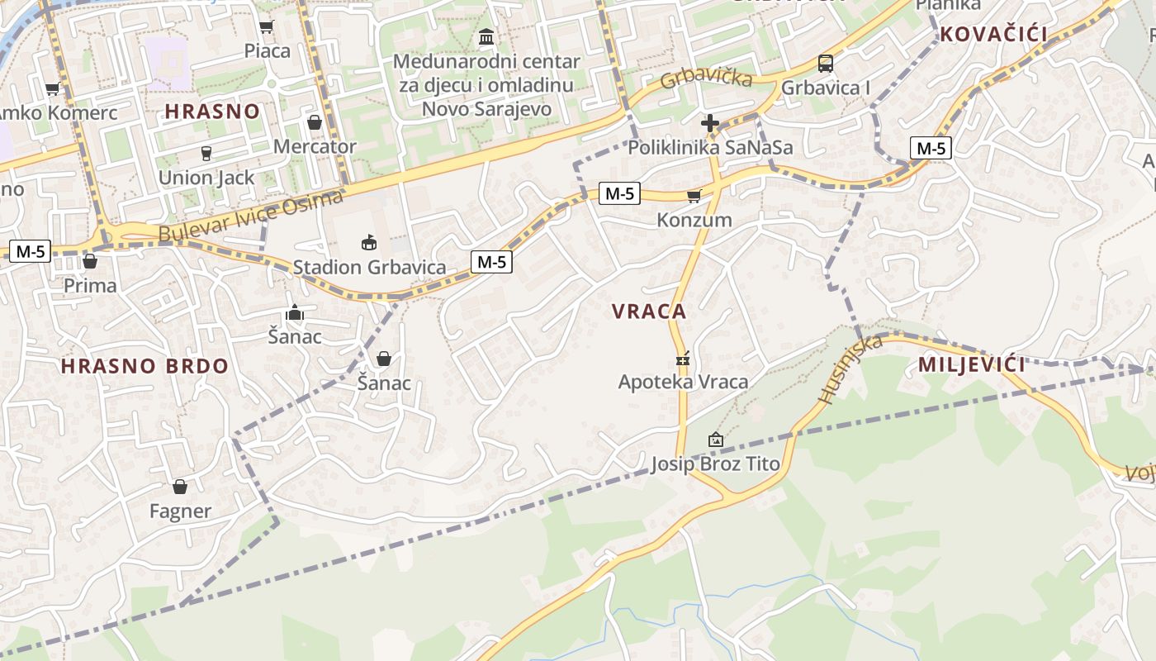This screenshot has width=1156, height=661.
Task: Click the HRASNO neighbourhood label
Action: [212, 112]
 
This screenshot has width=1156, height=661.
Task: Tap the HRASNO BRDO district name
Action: [144, 366]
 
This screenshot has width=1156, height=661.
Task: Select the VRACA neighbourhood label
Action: [649, 311]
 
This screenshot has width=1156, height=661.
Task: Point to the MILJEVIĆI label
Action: [972, 364]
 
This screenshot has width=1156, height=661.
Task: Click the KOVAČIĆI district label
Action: [993, 35]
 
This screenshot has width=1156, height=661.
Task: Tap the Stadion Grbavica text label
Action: [369, 268]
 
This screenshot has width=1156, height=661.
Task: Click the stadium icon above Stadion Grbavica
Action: [368, 242]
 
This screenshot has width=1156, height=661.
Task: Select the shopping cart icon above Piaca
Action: [267, 27]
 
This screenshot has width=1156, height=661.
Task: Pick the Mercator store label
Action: [315, 147]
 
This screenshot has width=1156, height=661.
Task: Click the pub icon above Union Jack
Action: [206, 153]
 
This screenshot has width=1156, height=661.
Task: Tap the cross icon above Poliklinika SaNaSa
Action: [710, 124]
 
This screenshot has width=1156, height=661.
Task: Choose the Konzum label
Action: [694, 220]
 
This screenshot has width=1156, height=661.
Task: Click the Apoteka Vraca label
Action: [683, 382]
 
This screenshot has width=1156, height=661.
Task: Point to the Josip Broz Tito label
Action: [715, 464]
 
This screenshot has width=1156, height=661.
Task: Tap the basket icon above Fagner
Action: [180, 487]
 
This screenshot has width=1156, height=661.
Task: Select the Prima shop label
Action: [90, 286]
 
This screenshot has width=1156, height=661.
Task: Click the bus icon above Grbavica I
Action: [825, 64]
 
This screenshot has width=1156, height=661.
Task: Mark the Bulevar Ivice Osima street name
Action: [249, 216]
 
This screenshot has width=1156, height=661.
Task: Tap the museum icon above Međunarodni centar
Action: [486, 37]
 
